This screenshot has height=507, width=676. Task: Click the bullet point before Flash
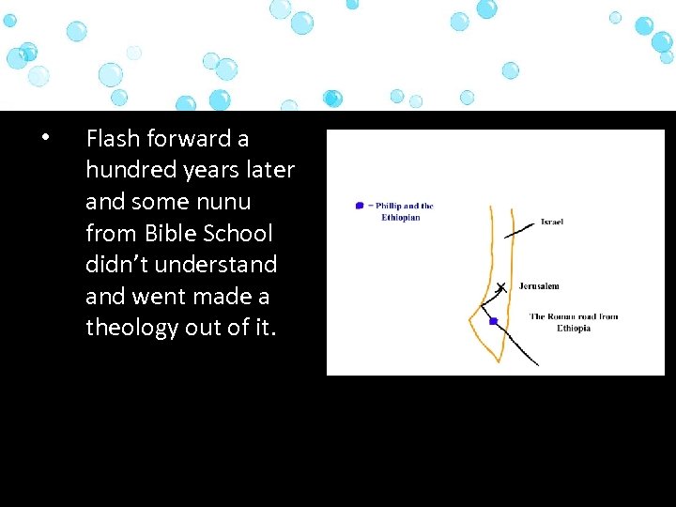pos(44,138)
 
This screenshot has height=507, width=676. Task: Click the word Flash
pos(113,139)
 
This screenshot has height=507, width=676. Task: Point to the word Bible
pos(170,233)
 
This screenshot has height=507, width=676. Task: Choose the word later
pos(271,170)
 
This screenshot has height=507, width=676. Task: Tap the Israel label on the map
pos(551,223)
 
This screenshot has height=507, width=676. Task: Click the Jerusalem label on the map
pos(539,286)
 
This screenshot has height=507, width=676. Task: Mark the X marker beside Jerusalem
pos(500,287)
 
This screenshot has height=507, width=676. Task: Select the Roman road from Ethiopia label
pos(573,322)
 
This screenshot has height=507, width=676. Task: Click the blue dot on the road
pos(493,321)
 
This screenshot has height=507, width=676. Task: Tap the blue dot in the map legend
pos(359,206)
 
